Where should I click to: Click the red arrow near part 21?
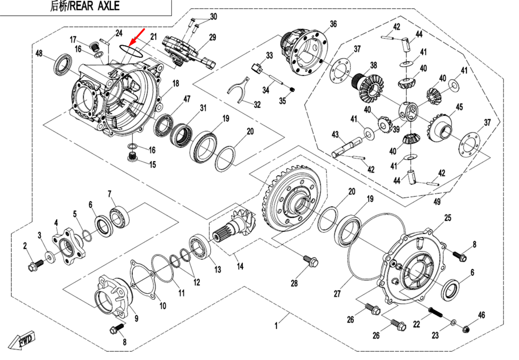click(136, 38)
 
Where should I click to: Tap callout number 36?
click(333, 24)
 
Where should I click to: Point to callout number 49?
click(437, 202)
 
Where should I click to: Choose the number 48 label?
click(38, 53)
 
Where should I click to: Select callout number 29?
click(212, 37)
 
